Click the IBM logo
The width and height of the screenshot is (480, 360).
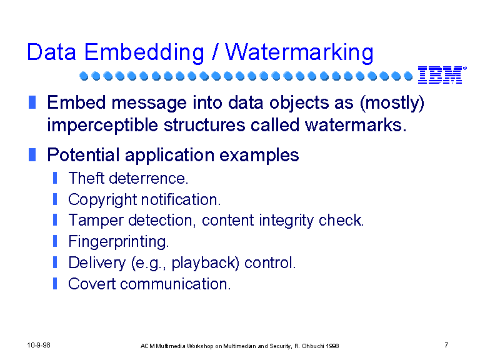pyautogui.click(x=442, y=75)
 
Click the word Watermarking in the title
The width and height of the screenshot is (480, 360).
pyautogui.click(x=299, y=53)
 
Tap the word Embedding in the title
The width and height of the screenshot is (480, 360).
pyautogui.click(x=144, y=52)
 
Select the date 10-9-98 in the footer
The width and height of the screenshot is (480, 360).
pyautogui.click(x=39, y=345)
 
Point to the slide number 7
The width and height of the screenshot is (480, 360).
pyautogui.click(x=446, y=345)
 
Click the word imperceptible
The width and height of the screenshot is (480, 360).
pyautogui.click(x=102, y=126)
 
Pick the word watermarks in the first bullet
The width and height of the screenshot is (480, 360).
pyautogui.click(x=356, y=125)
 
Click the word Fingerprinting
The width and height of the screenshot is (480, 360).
pyautogui.click(x=119, y=242)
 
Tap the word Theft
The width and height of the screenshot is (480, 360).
pyautogui.click(x=87, y=178)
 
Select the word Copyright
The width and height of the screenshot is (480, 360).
pyautogui.click(x=102, y=200)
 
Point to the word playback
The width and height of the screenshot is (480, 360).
pyautogui.click(x=205, y=263)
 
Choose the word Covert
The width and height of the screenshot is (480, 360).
pyautogui.click(x=92, y=284)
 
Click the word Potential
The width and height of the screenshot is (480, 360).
pyautogui.click(x=83, y=155)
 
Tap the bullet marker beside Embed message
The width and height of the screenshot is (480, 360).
pyautogui.click(x=32, y=102)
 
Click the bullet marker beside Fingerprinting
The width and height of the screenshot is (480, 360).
pyautogui.click(x=55, y=241)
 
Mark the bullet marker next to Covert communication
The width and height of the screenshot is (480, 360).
pyautogui.click(x=55, y=283)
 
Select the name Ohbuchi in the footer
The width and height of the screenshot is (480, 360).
pyautogui.click(x=313, y=346)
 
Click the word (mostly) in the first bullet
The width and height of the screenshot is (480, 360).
pyautogui.click(x=392, y=103)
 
